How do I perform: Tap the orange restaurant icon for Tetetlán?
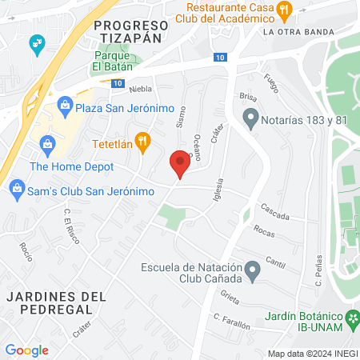143,142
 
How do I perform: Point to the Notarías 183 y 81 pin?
250,122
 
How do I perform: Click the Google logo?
26,350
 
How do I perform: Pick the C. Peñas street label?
318,271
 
